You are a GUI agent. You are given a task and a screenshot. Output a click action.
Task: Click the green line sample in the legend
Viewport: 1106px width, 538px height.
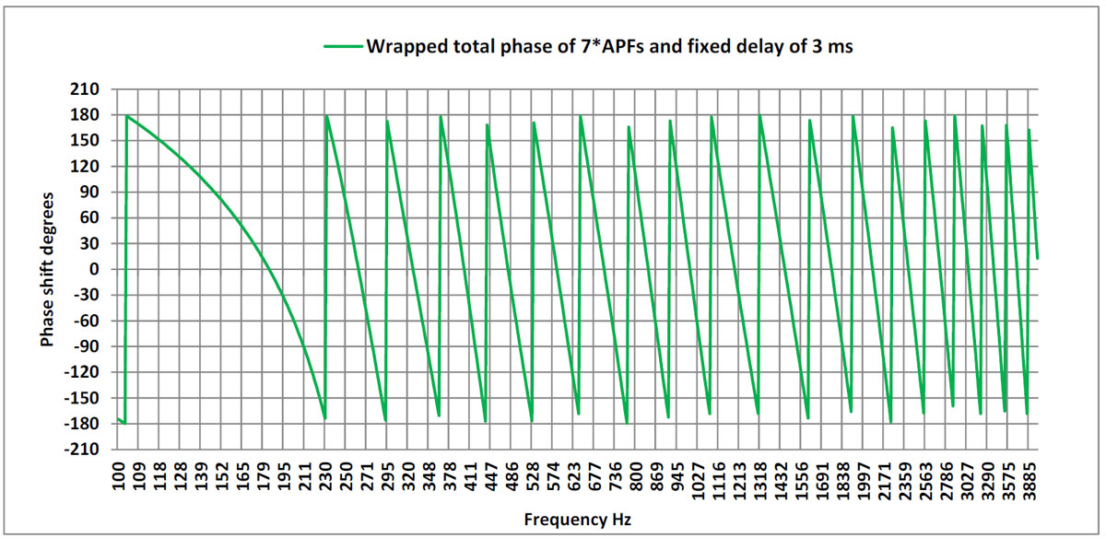[x=342, y=47]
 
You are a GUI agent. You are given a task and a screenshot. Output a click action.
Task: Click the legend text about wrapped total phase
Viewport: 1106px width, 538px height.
[x=609, y=47]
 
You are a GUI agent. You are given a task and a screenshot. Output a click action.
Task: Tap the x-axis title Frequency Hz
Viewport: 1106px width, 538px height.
[x=578, y=520]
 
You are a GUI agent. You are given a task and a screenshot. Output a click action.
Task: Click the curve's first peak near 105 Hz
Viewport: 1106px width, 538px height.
[x=127, y=116]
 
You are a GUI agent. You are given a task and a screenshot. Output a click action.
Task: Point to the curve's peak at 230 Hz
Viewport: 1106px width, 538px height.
[x=326, y=116]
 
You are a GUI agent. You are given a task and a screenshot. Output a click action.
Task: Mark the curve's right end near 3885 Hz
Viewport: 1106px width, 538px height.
[x=1037, y=258]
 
